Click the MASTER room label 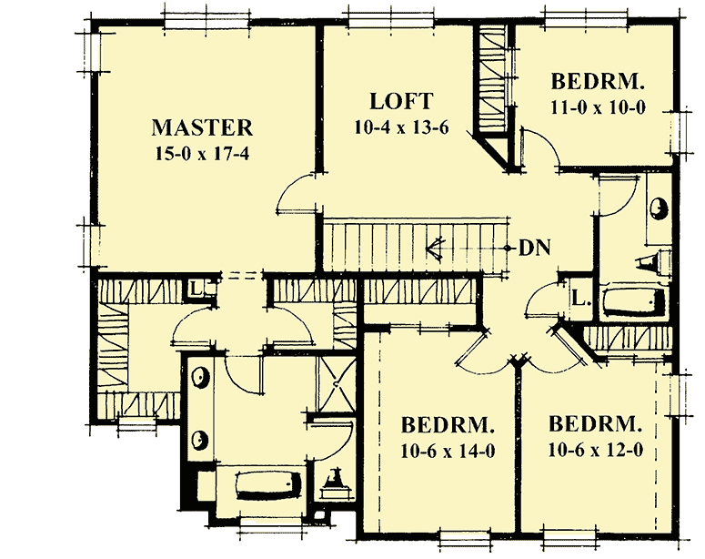[202, 127]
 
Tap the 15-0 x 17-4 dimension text [202, 152]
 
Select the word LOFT [401, 101]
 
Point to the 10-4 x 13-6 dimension [401, 127]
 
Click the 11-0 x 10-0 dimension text [598, 107]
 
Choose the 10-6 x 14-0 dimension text [448, 451]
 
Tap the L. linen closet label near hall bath [580, 297]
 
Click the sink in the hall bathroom [657, 210]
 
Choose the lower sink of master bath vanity [198, 441]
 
